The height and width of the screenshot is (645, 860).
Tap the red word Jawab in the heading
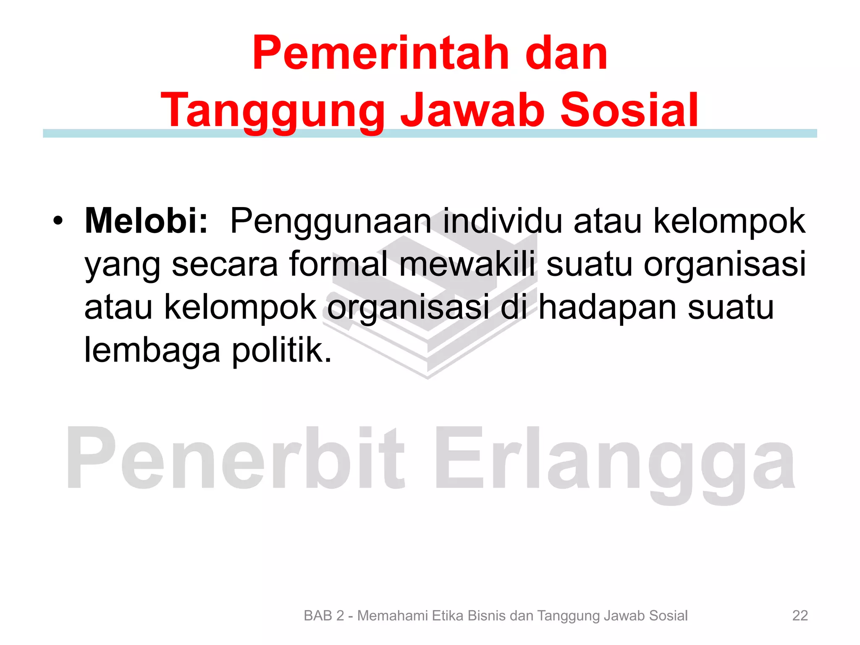point(473,110)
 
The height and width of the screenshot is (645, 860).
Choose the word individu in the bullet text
point(502,221)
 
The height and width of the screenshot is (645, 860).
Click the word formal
point(338,264)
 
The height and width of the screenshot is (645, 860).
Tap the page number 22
point(800,616)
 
